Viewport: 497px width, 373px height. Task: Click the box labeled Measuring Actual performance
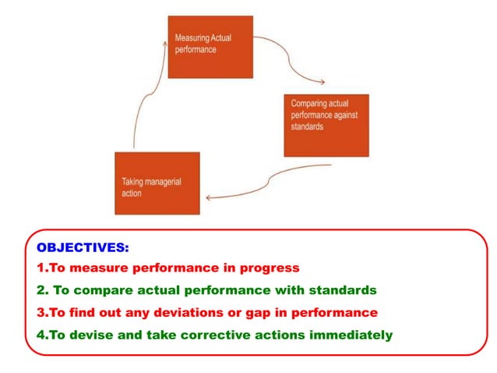[210, 46]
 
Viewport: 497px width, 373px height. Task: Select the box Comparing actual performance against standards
[326, 125]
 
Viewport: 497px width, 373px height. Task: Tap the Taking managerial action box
[157, 183]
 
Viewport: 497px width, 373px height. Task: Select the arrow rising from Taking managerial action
[148, 94]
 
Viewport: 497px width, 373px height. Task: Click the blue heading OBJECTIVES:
[83, 247]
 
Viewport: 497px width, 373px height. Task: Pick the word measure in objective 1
[91, 268]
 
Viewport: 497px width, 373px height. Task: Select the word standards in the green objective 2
[344, 290]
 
